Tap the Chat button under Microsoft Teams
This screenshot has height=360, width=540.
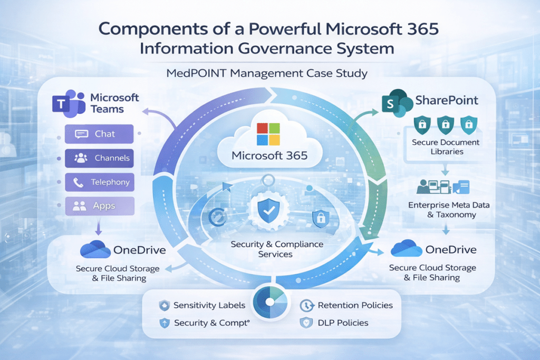99,134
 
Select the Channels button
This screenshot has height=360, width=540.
99,158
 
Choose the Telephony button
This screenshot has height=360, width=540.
99,182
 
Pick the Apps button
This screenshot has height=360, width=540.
99,206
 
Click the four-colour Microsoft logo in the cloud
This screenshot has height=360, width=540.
269,134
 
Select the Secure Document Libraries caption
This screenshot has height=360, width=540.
446,147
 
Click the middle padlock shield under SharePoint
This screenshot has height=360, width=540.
446,125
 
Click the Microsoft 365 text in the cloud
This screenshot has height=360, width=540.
269,156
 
